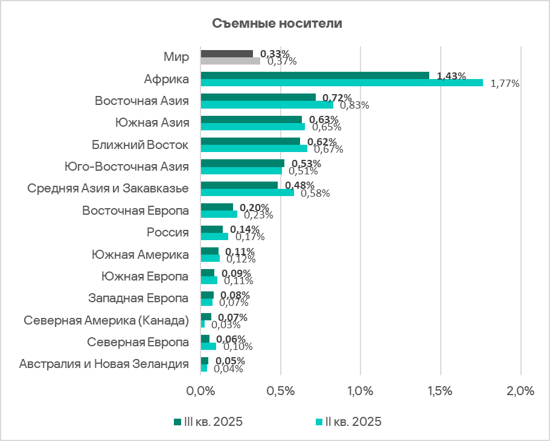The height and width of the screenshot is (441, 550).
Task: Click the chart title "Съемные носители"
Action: point(277,24)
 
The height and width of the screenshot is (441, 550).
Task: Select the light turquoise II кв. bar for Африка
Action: point(341,83)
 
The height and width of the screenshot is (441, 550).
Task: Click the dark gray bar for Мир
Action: point(226,54)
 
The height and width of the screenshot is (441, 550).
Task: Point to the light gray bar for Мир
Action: point(230,61)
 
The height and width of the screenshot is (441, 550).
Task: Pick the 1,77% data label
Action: point(505,83)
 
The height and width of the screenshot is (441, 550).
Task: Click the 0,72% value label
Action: point(337,98)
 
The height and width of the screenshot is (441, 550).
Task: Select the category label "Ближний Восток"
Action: point(141,145)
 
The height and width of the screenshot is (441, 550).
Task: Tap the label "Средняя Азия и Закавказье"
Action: point(108,188)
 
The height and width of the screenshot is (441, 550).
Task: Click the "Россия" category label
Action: point(168,232)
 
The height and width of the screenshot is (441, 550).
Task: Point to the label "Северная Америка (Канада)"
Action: point(106,320)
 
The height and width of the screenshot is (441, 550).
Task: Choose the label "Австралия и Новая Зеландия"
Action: point(104,364)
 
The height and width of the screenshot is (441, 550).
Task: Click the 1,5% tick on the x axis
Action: point(440,391)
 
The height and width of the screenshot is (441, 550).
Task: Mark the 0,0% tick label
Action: point(200,391)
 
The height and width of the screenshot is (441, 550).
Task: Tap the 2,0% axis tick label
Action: point(520,391)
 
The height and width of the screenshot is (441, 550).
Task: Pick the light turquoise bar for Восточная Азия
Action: point(266,104)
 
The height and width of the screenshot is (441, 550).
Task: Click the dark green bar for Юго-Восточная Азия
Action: point(242,163)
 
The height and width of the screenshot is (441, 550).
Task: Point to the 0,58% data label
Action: point(315,193)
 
